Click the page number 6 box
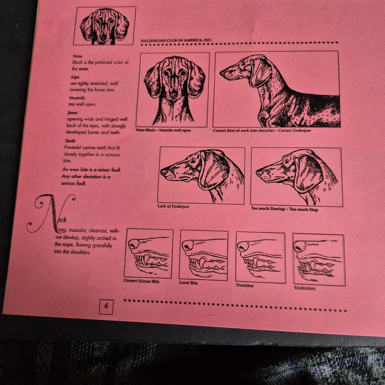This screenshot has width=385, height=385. (106, 307)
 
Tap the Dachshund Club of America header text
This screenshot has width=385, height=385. (177, 40)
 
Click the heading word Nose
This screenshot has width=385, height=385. (78, 56)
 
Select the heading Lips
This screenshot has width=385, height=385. (75, 77)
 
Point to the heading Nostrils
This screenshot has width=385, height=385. (77, 98)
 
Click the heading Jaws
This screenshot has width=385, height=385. (72, 113)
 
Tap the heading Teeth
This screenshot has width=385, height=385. (70, 141)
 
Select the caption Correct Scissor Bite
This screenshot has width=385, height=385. (142, 281)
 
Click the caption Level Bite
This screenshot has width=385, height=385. (189, 283)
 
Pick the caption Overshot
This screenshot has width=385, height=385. (245, 285)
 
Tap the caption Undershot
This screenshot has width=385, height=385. (305, 288)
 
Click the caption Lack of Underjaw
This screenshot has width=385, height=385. (173, 206)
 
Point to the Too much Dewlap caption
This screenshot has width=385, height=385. (285, 209)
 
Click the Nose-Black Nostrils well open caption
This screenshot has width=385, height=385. (164, 130)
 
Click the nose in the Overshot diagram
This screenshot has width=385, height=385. (243, 246)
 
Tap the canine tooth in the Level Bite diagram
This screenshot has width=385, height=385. (203, 263)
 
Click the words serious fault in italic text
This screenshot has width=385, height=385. (74, 183)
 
